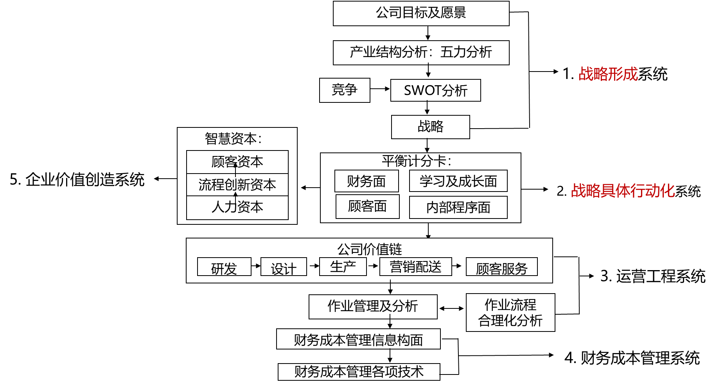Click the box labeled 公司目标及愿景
pyautogui.click(x=421, y=14)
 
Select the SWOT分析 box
pyautogui.click(x=435, y=90)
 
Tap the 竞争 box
pyautogui.click(x=345, y=90)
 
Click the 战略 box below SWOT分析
pyautogui.click(x=430, y=127)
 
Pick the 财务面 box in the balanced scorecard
pyautogui.click(x=366, y=181)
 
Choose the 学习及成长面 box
pyautogui.click(x=458, y=181)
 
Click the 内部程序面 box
pyautogui.click(x=458, y=207)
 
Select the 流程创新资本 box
pyautogui.click(x=237, y=185)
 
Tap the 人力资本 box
pyautogui.click(x=237, y=208)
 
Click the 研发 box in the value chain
pyautogui.click(x=224, y=267)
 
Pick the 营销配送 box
pyautogui.click(x=415, y=267)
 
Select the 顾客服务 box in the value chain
pyautogui.click(x=502, y=267)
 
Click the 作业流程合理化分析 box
pyautogui.click(x=510, y=313)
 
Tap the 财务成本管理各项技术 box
pyautogui.click(x=359, y=372)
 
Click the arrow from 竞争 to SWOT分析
pyautogui.click(x=380, y=89)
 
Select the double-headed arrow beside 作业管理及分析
pyautogui.click(x=451, y=308)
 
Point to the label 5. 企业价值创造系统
pyautogui.click(x=77, y=179)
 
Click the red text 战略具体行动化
pyautogui.click(x=623, y=191)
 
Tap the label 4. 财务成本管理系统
pyautogui.click(x=632, y=358)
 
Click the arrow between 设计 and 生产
pyautogui.click(x=314, y=266)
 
